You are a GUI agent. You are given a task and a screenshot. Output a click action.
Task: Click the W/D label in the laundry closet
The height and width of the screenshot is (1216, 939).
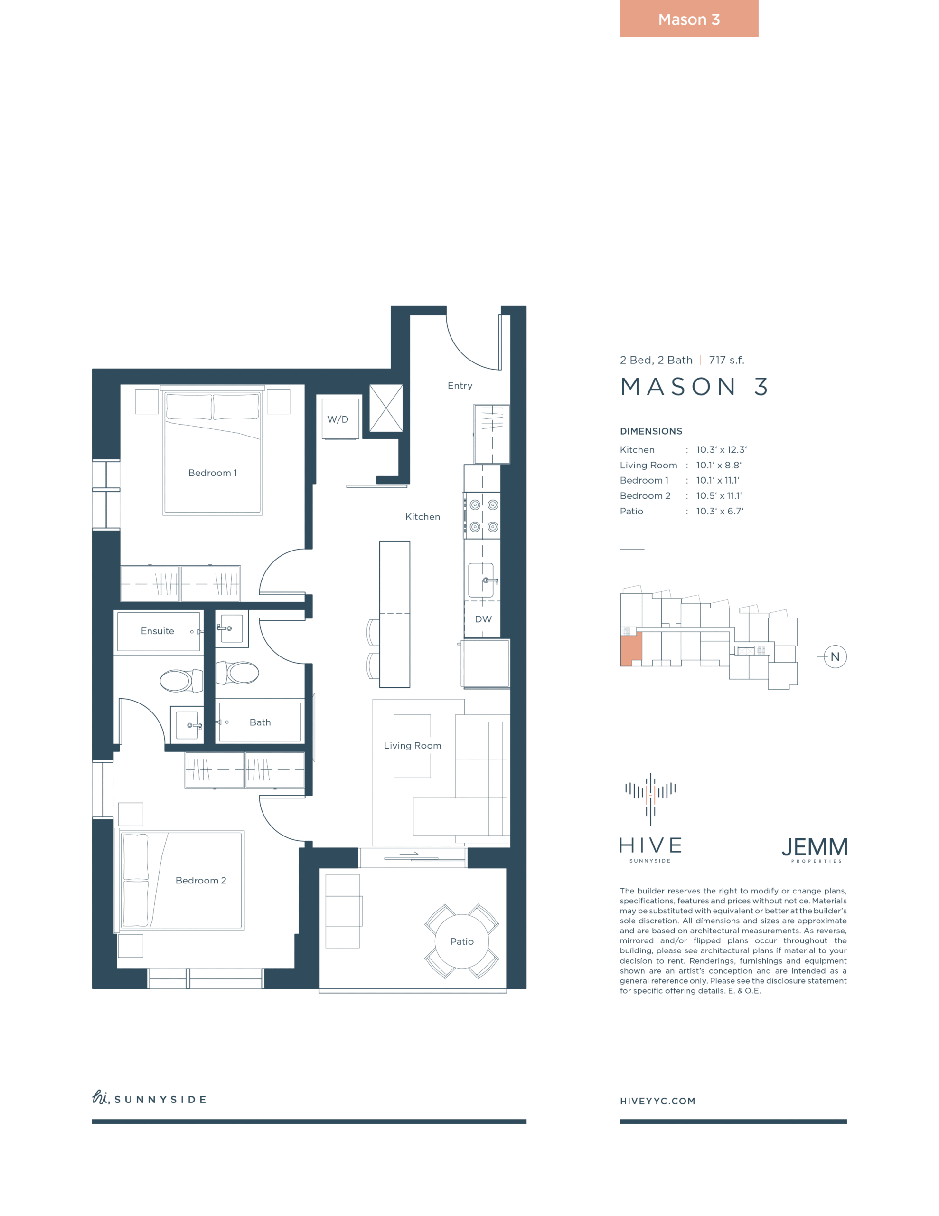[338, 419]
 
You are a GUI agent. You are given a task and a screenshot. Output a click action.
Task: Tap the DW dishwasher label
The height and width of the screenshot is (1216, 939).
[483, 619]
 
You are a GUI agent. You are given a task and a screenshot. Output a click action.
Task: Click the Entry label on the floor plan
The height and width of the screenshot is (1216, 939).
[460, 385]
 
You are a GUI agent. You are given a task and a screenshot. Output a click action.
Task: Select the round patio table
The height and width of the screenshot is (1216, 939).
[462, 941]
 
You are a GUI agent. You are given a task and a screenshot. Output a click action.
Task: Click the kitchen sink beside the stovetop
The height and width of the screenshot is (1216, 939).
[481, 580]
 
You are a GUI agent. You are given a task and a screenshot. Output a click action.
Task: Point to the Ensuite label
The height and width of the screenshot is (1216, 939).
[158, 631]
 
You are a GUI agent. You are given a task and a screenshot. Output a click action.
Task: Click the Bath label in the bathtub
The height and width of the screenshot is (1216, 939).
[260, 722]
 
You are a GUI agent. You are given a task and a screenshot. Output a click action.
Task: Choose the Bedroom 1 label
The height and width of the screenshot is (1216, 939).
[213, 473]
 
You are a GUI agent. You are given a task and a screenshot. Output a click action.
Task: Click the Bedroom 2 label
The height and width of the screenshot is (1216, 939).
[201, 880]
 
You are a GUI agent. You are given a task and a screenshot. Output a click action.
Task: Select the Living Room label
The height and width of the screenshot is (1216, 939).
[413, 746]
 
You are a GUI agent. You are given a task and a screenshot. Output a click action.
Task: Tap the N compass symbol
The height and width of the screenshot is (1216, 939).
[835, 657]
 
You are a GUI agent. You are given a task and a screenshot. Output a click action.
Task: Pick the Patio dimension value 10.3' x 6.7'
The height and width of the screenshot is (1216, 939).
[720, 511]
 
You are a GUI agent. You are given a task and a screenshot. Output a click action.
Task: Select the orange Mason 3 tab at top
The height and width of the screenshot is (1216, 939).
[689, 19]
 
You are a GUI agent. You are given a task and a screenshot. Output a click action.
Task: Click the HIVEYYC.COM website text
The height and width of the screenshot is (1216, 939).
[658, 1101]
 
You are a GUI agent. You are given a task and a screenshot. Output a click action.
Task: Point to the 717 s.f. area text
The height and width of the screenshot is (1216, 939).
[726, 360]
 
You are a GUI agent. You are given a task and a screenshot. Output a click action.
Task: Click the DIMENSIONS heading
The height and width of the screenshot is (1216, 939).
[651, 431]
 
